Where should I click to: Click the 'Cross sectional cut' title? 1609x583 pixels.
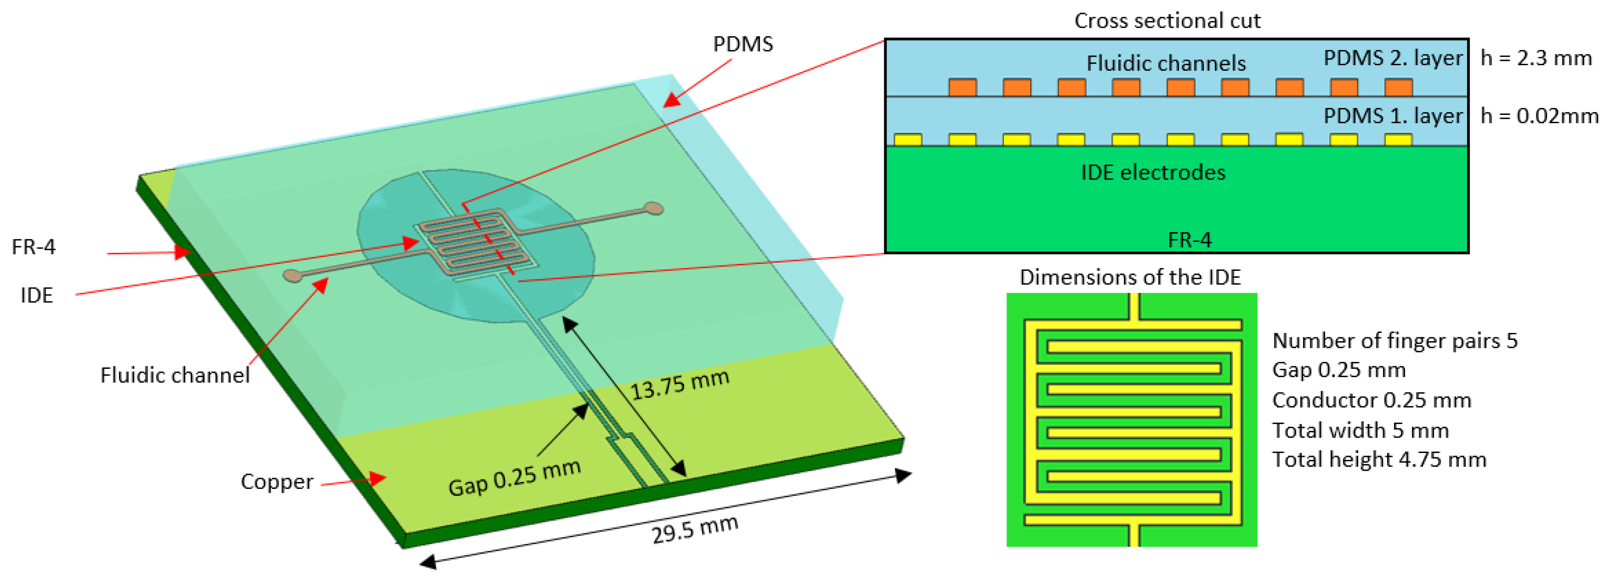click(1167, 21)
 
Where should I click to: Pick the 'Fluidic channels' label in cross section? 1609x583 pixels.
click(1165, 63)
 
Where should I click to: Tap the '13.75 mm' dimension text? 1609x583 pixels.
click(680, 385)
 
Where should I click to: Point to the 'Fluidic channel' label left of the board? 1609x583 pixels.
click(175, 375)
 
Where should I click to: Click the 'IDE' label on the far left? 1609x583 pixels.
click(37, 295)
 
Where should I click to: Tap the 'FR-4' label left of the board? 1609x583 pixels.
click(34, 247)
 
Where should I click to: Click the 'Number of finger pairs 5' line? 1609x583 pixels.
click(1394, 341)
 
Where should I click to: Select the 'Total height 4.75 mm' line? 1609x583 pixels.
click(1379, 459)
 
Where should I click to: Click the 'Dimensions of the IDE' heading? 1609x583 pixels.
click(1130, 277)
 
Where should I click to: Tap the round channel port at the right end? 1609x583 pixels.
click(653, 208)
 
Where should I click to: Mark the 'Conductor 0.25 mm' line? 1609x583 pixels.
click(1371, 400)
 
